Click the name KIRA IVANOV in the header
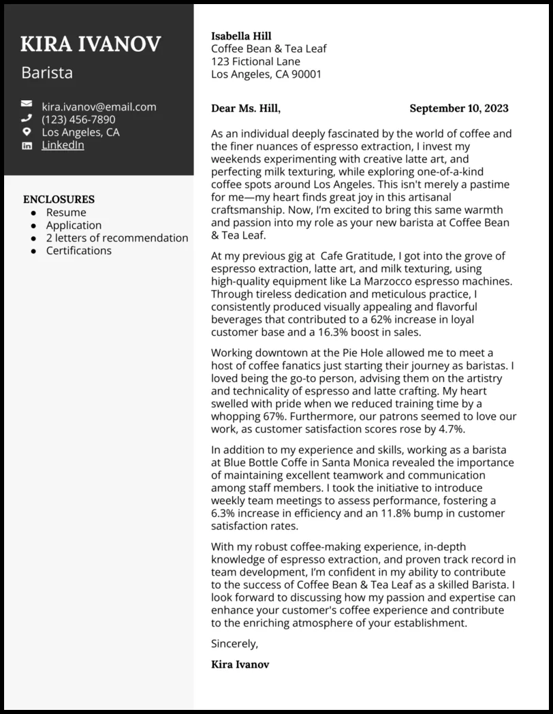(x=91, y=44)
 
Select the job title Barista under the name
(x=47, y=72)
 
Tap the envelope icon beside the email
(x=27, y=106)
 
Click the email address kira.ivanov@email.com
(x=99, y=106)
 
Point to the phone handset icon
(x=27, y=119)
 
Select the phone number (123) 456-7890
(x=78, y=119)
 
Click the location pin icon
(x=27, y=132)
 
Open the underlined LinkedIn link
(x=63, y=145)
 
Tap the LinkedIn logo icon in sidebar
(x=27, y=145)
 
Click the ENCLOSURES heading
(x=59, y=200)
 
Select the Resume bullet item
(x=66, y=213)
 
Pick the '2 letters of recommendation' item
(x=117, y=238)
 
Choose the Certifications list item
(x=78, y=251)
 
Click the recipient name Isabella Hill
(x=241, y=36)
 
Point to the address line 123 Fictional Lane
(x=255, y=61)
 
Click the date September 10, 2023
(x=458, y=108)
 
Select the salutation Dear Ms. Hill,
(x=246, y=108)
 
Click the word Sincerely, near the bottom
(x=235, y=643)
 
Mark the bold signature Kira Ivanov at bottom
(x=240, y=664)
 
